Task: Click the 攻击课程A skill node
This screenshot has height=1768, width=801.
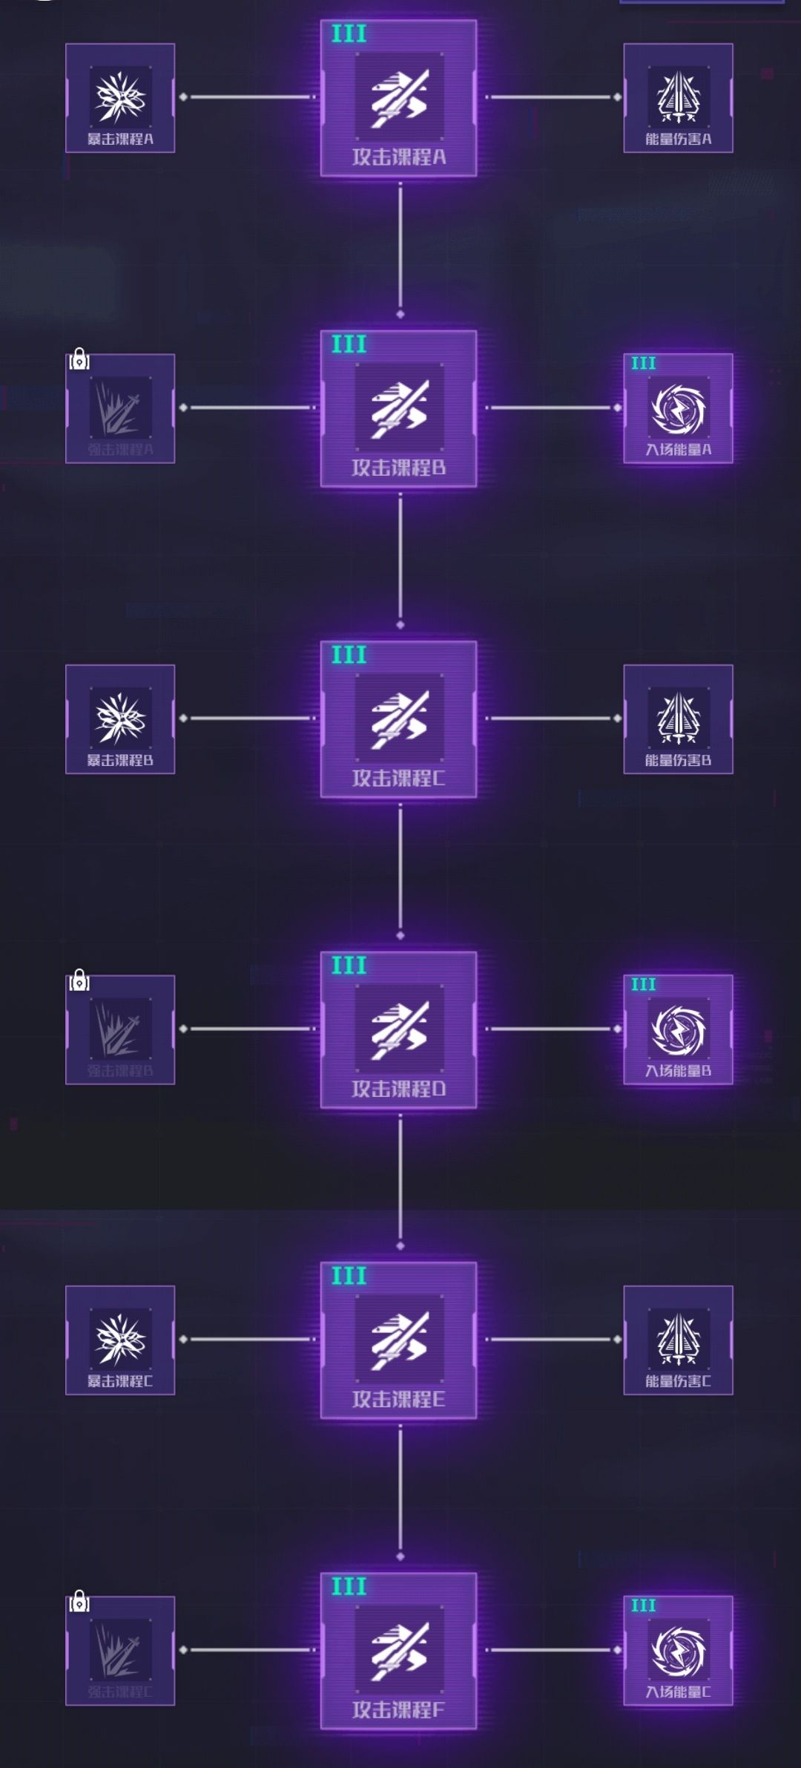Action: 398,99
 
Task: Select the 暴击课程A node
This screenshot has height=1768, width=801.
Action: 120,98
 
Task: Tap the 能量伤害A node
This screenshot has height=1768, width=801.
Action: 678,98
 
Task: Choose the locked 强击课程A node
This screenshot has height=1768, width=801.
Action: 120,409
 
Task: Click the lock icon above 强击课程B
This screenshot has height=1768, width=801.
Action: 79,982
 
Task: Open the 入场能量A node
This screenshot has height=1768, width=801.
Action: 678,409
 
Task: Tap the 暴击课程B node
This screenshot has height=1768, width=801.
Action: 120,719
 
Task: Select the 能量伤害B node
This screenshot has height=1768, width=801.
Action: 678,719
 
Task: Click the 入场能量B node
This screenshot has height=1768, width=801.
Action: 678,1030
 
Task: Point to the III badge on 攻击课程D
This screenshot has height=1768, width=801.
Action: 349,966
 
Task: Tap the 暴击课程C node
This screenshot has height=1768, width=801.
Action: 120,1340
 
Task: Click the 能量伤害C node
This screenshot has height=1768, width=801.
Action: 678,1340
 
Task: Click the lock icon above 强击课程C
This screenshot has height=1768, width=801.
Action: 79,1603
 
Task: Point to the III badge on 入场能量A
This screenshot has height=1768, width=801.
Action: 643,364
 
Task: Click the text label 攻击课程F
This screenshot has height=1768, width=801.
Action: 398,1710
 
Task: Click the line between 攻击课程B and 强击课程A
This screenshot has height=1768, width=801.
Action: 248,407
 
